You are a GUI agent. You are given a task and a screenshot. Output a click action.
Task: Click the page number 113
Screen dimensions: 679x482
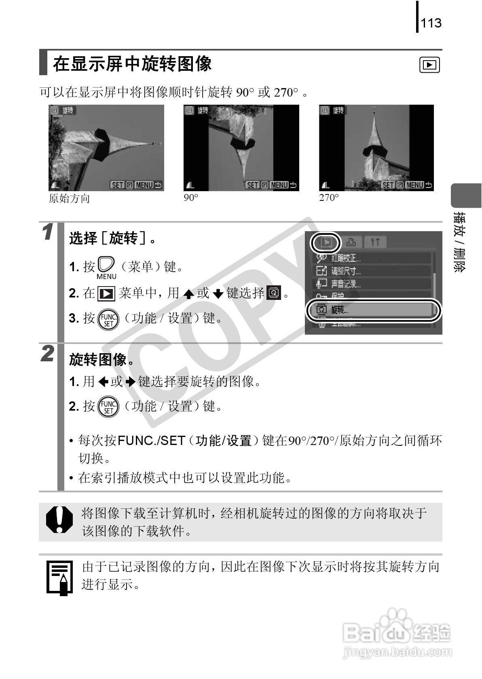coord(431,23)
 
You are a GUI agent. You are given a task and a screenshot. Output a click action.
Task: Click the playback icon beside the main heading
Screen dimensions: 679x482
coord(430,65)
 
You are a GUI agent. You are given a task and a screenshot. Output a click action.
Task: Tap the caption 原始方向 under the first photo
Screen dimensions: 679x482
coord(69,198)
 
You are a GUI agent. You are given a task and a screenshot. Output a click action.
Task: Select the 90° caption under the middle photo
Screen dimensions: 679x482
coord(191,198)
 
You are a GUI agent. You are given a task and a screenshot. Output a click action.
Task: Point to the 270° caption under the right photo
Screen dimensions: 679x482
coord(329,198)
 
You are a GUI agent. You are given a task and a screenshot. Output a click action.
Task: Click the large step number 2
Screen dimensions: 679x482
coord(48,354)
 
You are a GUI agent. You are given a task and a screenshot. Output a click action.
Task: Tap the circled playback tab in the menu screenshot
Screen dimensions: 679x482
coord(326,242)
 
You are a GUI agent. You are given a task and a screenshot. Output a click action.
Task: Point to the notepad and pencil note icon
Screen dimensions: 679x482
coord(60,578)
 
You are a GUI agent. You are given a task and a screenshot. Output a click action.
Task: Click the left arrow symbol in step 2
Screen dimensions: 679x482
coord(104,382)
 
